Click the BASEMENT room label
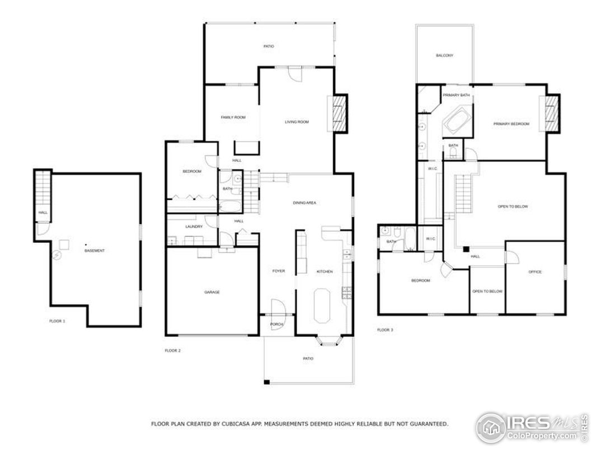click(x=94, y=251)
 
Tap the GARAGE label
click(x=212, y=292)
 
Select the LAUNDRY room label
click(x=193, y=227)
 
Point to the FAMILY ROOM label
click(x=233, y=118)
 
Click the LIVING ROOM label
click(x=297, y=121)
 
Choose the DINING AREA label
click(x=304, y=203)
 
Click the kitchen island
click(x=324, y=306)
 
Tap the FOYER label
click(x=278, y=271)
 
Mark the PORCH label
click(x=276, y=325)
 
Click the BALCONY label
click(x=444, y=55)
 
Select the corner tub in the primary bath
click(x=457, y=121)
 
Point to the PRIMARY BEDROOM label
click(x=511, y=124)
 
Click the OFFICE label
click(x=535, y=272)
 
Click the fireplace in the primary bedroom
click(x=552, y=114)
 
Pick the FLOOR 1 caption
click(x=57, y=321)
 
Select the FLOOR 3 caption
click(x=385, y=330)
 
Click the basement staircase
click(x=43, y=188)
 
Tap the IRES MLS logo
click(x=532, y=428)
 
